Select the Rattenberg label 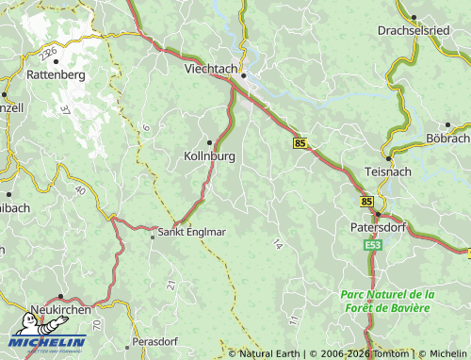pyautogui.click(x=56, y=74)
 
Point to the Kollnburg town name pyautogui.click(x=208, y=156)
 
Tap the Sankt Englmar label pyautogui.click(x=191, y=232)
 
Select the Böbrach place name pyautogui.click(x=448, y=139)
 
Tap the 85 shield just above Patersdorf pyautogui.click(x=366, y=202)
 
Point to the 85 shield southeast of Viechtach pyautogui.click(x=300, y=143)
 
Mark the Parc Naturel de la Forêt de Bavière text pyautogui.click(x=385, y=301)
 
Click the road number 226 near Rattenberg pyautogui.click(x=49, y=52)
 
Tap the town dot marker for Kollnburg pyautogui.click(x=209, y=142)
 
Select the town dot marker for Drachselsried pyautogui.click(x=413, y=16)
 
